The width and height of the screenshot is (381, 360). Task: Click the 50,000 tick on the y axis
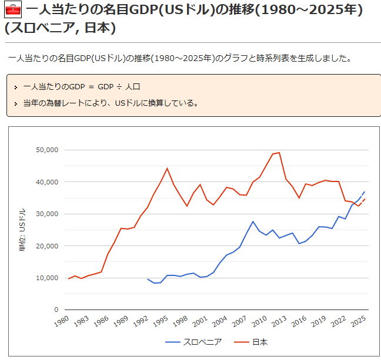click(x=47, y=150)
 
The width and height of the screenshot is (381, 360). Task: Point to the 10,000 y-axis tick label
click(x=47, y=278)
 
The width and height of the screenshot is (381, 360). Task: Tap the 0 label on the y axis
click(x=56, y=309)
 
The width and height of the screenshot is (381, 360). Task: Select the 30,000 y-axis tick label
click(x=47, y=214)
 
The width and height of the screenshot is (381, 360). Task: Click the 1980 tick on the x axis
click(x=62, y=321)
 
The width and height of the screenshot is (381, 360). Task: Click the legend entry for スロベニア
click(x=193, y=342)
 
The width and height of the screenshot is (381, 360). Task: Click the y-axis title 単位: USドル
click(x=22, y=230)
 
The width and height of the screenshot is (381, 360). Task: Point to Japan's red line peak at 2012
click(x=279, y=153)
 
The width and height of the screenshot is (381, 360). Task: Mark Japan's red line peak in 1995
click(x=167, y=169)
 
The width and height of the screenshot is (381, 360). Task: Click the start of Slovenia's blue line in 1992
click(x=148, y=279)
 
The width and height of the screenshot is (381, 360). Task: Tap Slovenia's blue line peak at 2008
click(x=253, y=221)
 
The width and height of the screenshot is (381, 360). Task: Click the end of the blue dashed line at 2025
click(x=365, y=191)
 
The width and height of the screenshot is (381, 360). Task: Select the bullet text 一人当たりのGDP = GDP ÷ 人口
click(x=82, y=87)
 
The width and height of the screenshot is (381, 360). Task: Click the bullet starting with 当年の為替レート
click(x=111, y=103)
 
